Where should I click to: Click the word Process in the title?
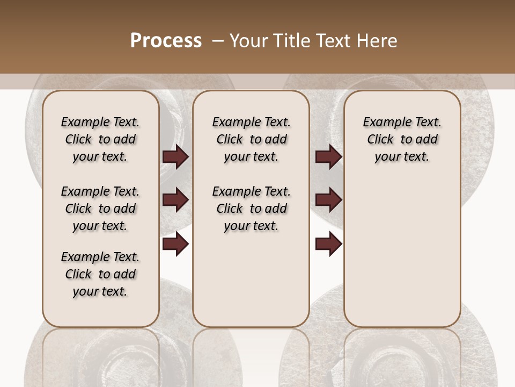point(166,41)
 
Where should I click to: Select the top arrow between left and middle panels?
point(175,157)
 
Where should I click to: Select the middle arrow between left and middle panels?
point(175,200)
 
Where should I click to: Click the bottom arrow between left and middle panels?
point(175,244)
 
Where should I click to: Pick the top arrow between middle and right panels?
point(328,157)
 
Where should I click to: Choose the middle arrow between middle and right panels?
point(328,200)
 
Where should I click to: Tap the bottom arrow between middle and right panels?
point(328,244)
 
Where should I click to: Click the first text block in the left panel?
point(100,139)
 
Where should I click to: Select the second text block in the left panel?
point(100,209)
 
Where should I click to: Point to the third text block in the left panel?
point(100,274)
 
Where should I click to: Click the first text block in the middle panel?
point(251,139)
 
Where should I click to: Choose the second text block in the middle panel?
point(251,209)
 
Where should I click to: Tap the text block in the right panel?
point(402,139)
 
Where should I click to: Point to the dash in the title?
point(218,41)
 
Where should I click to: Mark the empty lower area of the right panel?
point(402,253)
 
